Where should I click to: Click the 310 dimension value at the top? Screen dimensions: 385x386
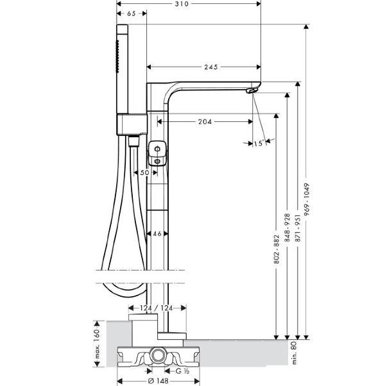point(182,4)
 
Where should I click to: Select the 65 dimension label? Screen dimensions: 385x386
point(132,13)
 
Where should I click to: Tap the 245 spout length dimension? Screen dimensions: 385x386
point(211,67)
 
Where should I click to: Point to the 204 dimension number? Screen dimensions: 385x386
point(205,122)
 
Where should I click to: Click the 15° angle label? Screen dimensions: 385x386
point(258,144)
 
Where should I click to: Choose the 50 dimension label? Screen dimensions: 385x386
point(145,173)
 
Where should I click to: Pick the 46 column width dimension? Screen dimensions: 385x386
point(157,233)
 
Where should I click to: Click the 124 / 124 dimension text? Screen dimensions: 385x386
point(157,308)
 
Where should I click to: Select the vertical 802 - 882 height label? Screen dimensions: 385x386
point(277,249)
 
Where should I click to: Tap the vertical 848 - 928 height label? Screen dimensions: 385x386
point(287,228)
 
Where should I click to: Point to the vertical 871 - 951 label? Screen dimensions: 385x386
point(298,228)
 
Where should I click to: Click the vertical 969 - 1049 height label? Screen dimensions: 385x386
point(306,199)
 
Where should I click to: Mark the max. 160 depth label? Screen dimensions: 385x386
point(98,344)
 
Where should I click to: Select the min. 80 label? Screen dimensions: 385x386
point(295,353)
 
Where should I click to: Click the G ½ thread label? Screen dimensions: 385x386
point(182,371)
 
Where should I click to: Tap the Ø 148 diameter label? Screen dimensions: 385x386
point(158,381)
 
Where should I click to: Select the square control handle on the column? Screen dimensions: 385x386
point(157,153)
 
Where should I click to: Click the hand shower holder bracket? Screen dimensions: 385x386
point(132,124)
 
